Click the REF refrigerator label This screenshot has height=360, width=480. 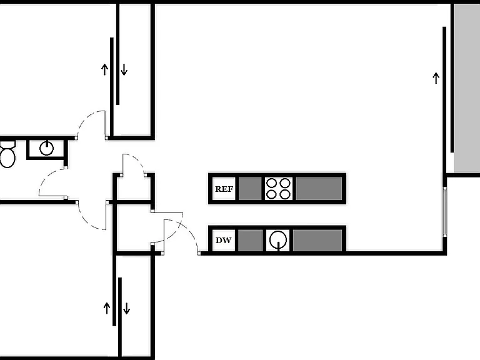click(x=224, y=189)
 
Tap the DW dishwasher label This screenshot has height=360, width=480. click(x=224, y=240)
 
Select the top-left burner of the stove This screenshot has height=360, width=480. click(x=272, y=183)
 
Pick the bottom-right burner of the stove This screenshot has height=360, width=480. click(x=285, y=194)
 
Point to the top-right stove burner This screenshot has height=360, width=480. click(x=285, y=183)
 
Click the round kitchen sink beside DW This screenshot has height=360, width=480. click(x=278, y=240)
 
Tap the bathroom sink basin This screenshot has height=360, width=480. click(x=46, y=149)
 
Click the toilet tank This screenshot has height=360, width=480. click(x=7, y=144)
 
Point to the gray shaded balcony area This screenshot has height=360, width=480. click(x=467, y=88)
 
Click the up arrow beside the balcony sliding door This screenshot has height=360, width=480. click(x=436, y=78)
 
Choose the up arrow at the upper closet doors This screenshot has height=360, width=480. click(x=105, y=69)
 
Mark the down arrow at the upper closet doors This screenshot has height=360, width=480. click(x=124, y=69)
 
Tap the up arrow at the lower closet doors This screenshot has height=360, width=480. click(x=106, y=308)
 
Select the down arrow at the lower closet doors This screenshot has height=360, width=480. click(x=126, y=308)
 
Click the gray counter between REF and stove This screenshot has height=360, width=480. click(x=250, y=189)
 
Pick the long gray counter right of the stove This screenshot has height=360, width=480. click(x=319, y=189)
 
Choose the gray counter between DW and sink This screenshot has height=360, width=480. click(x=251, y=240)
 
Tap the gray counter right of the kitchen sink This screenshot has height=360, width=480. click(x=317, y=240)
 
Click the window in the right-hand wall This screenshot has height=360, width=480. click(x=445, y=211)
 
